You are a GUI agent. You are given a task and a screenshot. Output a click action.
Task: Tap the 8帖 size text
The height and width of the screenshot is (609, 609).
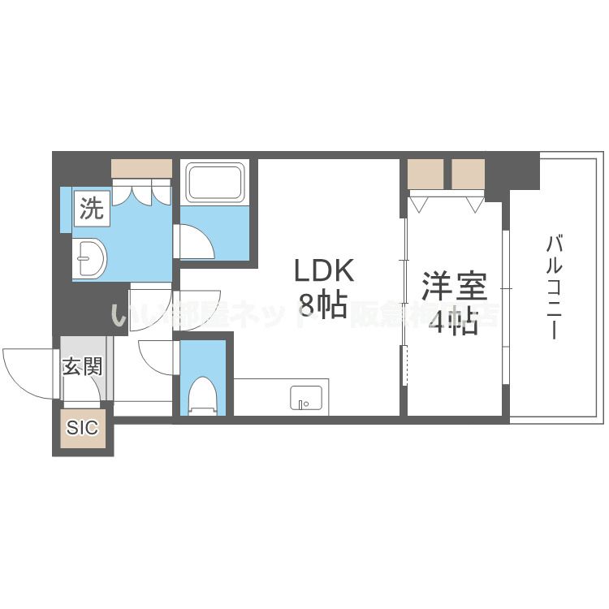tap(322, 306)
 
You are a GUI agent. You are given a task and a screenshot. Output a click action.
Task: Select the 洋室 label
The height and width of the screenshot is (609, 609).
tap(454, 288)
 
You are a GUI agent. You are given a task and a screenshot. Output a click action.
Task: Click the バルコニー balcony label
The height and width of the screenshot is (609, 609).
tap(555, 287)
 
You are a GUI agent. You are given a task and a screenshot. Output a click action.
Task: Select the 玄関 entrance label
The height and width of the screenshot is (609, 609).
tap(83, 366)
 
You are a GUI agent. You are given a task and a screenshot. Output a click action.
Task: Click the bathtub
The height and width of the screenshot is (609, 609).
tap(215, 183)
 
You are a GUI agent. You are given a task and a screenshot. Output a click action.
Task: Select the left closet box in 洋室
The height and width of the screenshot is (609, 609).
tap(426, 173)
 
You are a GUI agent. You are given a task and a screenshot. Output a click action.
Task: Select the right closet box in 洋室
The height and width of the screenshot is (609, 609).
tap(468, 173)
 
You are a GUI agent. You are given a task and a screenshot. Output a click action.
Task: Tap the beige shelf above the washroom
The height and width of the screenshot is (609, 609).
tap(141, 168)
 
